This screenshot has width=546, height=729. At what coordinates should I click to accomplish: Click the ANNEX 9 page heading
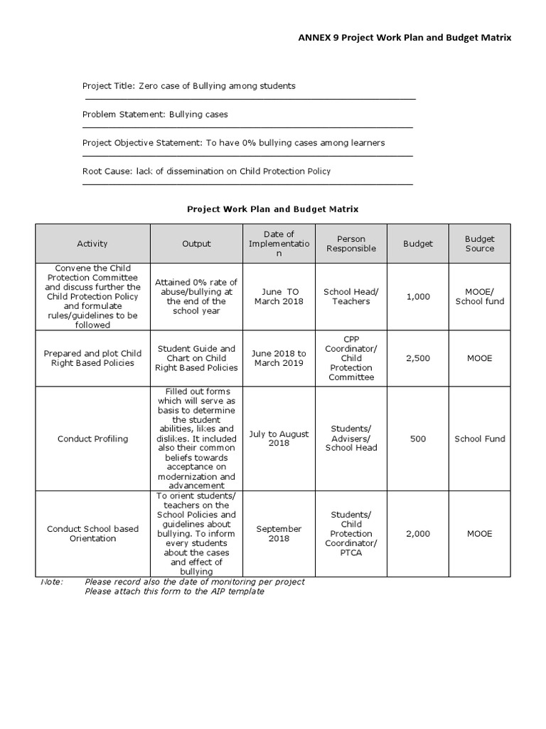[404, 37]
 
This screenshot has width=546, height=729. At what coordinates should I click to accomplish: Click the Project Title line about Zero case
[188, 86]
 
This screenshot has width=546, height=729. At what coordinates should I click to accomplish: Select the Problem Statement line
[155, 114]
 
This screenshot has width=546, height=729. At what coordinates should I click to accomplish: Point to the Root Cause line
[206, 171]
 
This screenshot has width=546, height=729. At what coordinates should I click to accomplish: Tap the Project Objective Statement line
[233, 142]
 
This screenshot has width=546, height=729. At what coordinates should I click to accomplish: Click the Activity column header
[92, 243]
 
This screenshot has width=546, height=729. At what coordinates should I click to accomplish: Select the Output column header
[196, 243]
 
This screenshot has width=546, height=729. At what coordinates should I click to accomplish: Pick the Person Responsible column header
[351, 243]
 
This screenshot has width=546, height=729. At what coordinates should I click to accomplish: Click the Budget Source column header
[479, 243]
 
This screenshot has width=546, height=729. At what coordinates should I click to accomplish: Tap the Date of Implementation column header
[279, 243]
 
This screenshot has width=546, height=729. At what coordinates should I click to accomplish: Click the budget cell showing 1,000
[418, 297]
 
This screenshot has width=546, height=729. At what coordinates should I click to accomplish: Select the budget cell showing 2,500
[418, 358]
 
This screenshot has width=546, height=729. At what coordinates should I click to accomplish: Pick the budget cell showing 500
[418, 439]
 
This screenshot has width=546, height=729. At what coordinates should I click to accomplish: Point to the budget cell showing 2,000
[418, 534]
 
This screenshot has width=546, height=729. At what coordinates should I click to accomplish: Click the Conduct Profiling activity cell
[92, 439]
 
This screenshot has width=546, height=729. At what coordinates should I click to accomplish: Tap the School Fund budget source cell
[479, 439]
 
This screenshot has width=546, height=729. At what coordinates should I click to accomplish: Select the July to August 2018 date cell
[279, 439]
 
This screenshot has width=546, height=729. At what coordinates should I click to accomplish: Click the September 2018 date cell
[279, 534]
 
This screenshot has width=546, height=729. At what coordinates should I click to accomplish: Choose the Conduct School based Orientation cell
[92, 534]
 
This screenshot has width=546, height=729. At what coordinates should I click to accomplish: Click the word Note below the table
[52, 582]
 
